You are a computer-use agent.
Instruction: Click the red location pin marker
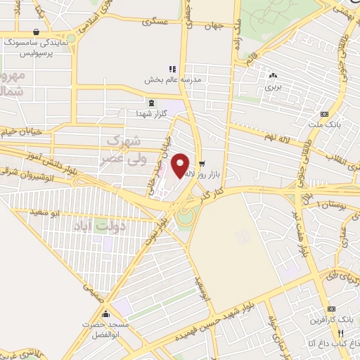tap(181, 165)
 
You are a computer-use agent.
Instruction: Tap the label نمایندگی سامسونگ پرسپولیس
tap(37, 48)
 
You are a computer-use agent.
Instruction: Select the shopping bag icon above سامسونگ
tap(36, 32)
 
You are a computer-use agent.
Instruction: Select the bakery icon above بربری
tap(273, 76)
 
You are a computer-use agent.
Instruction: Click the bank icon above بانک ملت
tap(324, 114)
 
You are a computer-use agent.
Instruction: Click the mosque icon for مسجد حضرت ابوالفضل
tap(106, 314)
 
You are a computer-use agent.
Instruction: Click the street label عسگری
tap(155, 22)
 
